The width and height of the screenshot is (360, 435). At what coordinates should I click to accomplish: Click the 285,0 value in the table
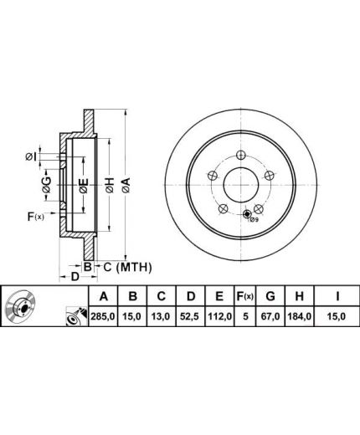point(104,316)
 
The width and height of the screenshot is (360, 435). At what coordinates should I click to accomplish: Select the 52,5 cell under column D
point(191,316)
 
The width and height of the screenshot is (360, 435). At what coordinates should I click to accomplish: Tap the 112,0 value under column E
point(220,316)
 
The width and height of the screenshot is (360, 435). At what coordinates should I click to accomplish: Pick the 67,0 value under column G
point(270,316)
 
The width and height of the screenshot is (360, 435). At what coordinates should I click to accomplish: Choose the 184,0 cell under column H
point(300,316)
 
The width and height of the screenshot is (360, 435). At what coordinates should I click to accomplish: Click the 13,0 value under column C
point(162,316)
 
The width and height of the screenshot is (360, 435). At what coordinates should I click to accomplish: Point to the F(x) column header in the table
point(245,296)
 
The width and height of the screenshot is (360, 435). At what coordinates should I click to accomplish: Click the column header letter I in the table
point(337,296)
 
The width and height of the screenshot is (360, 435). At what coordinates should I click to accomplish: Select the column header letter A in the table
point(104,296)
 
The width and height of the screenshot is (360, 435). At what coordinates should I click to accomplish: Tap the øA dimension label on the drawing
point(126,185)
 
